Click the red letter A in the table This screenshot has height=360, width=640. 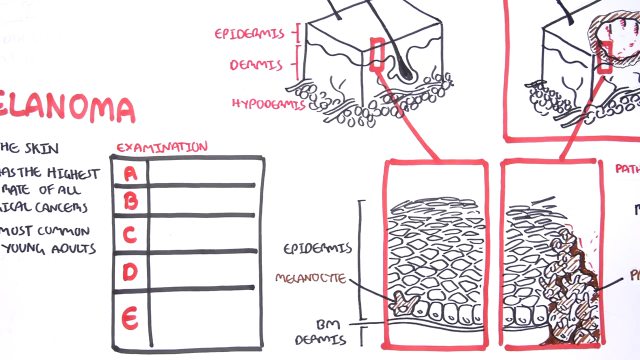[130, 173]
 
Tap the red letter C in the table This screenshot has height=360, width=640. [130, 234]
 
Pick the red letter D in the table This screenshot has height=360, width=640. [130, 271]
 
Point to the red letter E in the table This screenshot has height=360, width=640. [130, 318]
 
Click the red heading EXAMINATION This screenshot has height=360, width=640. [161, 147]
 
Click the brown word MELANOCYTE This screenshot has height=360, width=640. [310, 278]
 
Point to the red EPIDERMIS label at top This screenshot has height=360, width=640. [249, 33]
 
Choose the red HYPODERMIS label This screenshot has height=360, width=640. [268, 104]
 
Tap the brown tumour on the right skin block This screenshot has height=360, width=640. [614, 37]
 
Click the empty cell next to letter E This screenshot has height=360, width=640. [205, 319]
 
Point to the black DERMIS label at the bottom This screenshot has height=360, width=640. [320, 340]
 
